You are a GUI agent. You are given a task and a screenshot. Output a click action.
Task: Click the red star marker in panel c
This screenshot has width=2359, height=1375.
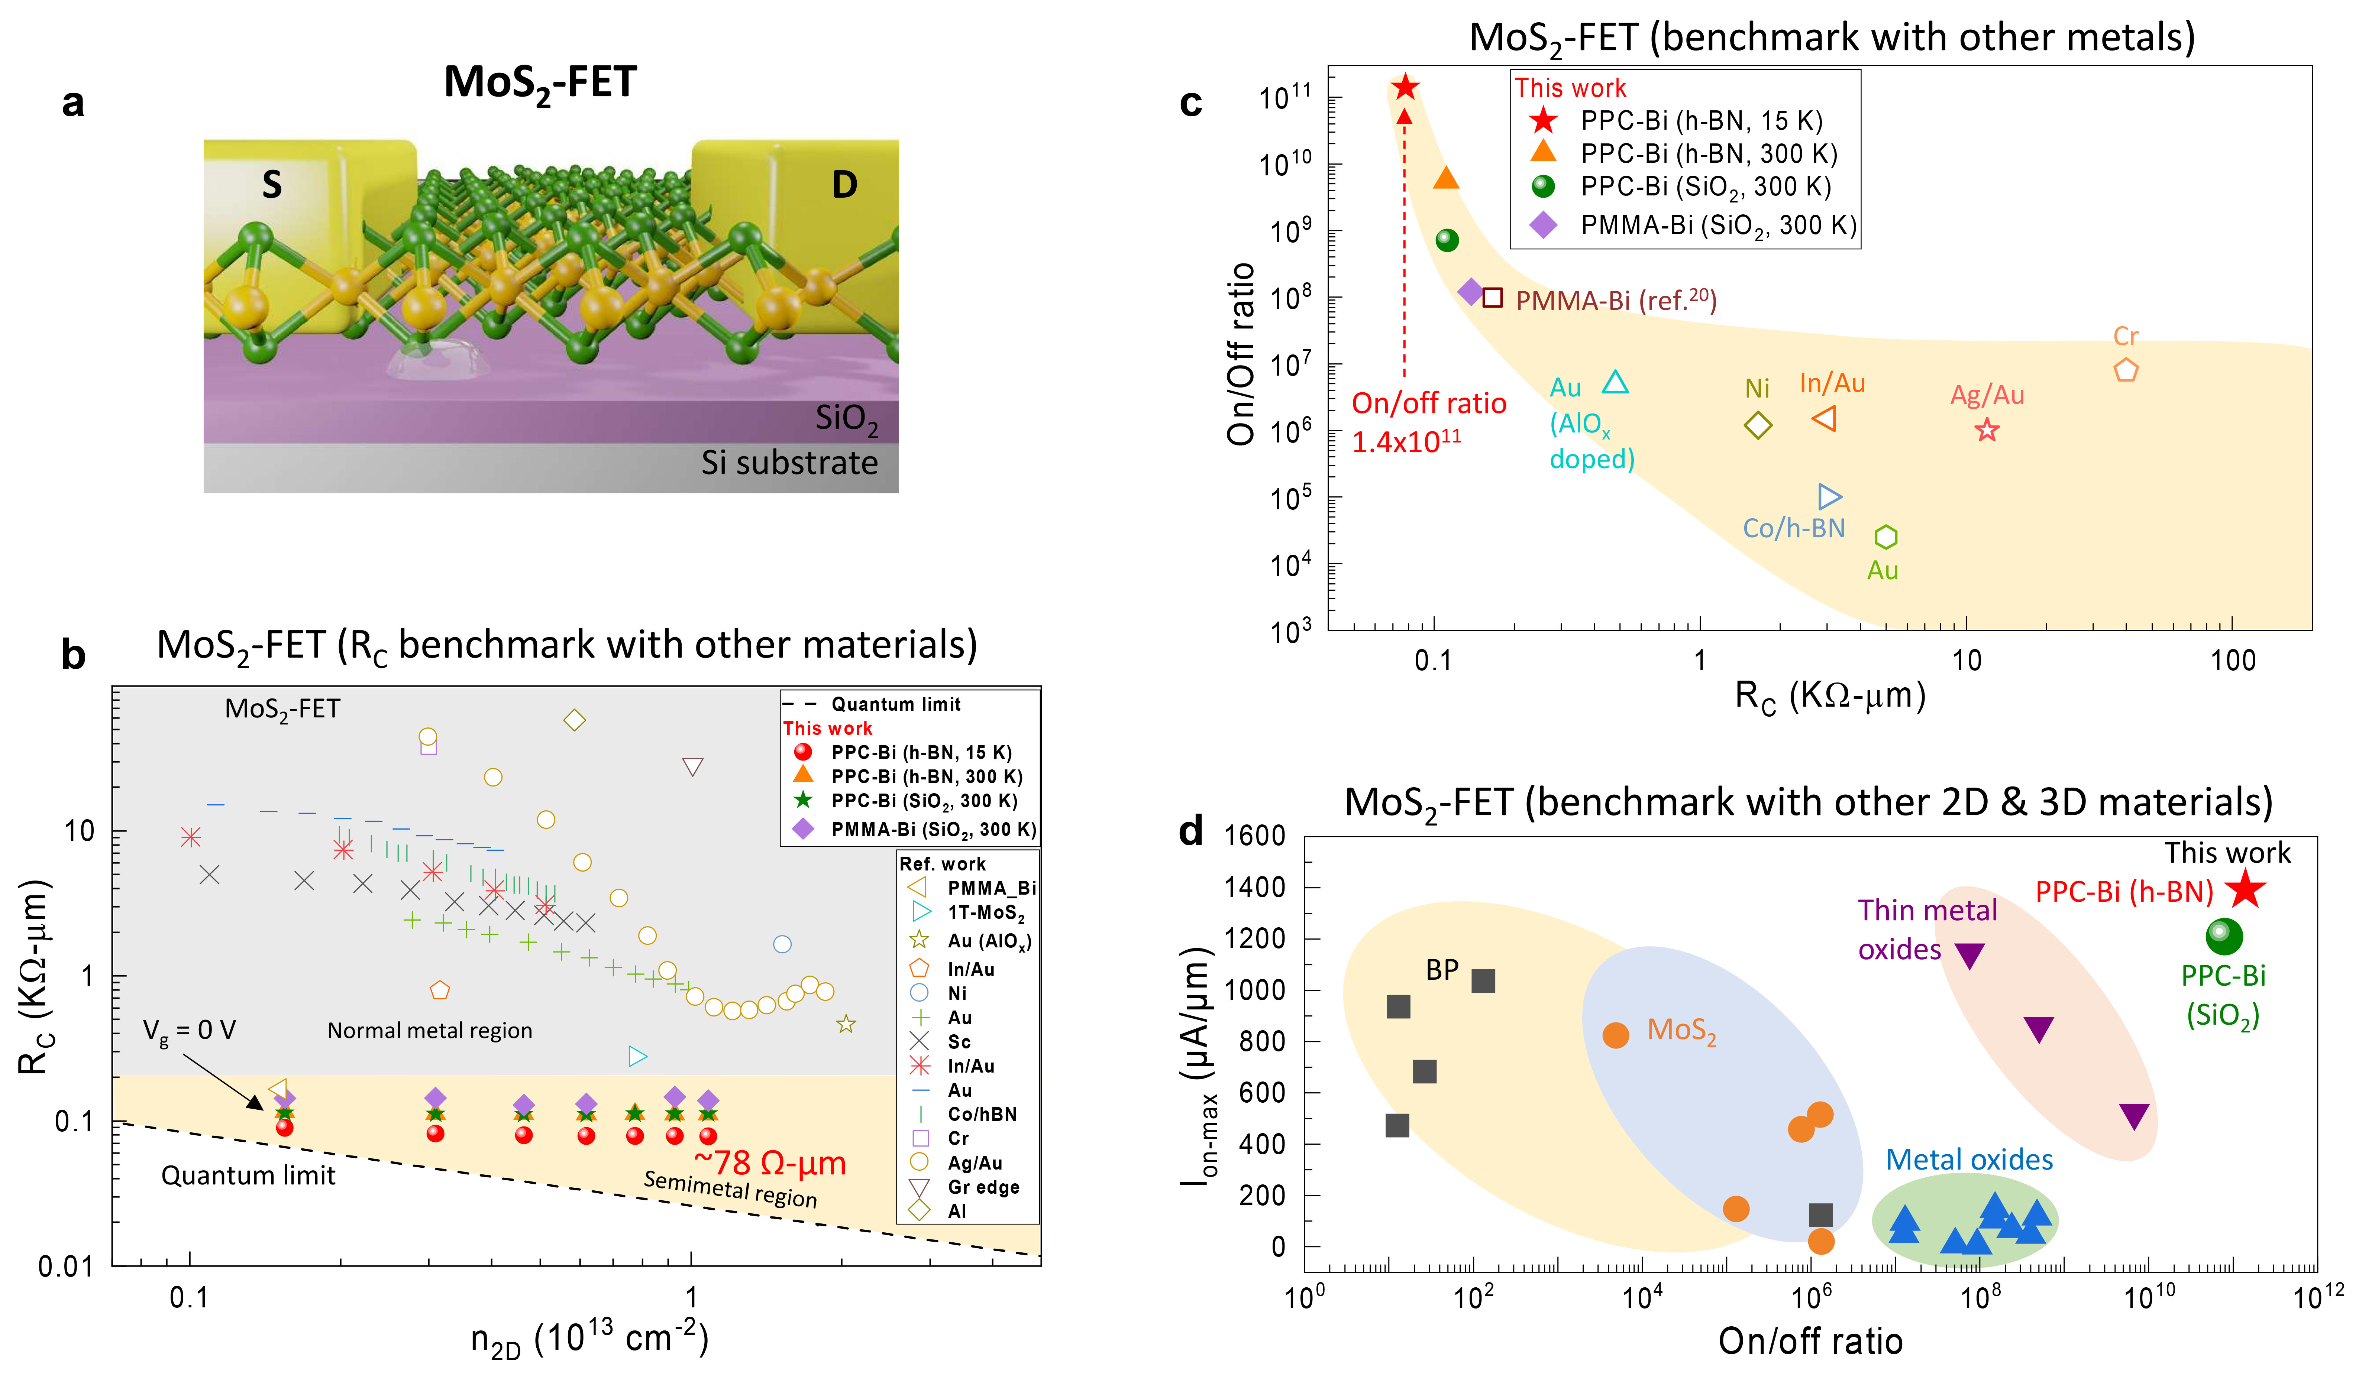click(1404, 87)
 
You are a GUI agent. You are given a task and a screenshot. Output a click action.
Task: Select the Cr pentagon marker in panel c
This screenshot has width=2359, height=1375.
click(2126, 370)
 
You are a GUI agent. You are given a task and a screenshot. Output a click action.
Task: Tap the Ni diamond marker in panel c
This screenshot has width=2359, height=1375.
click(1758, 425)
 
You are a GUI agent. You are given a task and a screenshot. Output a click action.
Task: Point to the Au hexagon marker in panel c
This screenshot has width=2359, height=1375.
click(1885, 536)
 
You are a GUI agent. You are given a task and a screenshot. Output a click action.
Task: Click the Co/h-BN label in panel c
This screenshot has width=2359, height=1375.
click(1793, 528)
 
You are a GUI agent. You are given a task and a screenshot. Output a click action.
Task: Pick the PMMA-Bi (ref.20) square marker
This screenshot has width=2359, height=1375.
click(1492, 298)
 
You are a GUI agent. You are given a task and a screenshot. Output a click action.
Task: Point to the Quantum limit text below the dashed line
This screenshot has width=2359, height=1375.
click(248, 1175)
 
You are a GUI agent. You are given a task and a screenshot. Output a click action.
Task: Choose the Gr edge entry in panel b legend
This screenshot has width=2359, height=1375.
click(983, 1187)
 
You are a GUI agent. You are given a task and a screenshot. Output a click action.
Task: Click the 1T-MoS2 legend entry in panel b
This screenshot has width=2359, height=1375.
click(985, 912)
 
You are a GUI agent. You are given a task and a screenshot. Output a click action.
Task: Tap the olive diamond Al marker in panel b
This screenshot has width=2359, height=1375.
click(575, 720)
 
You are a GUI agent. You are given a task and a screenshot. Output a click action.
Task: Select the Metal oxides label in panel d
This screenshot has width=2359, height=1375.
click(1969, 1160)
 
